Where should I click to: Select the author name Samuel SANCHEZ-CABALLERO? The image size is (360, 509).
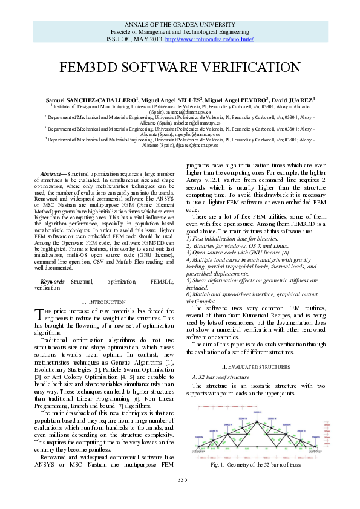pyautogui.click(x=92, y=99)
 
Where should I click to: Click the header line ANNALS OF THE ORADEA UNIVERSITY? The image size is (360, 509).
pyautogui.click(x=180, y=25)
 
